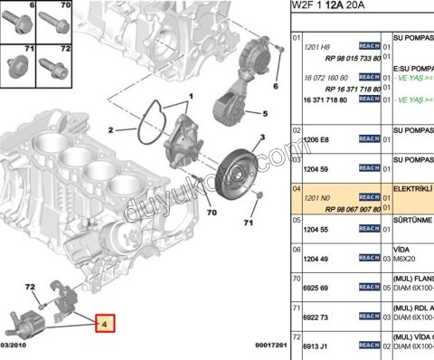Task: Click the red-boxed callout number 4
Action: coord(104,321)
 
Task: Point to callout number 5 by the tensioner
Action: coord(266,114)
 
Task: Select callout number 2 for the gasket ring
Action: coord(111,129)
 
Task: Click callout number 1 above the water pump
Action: coord(191,96)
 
